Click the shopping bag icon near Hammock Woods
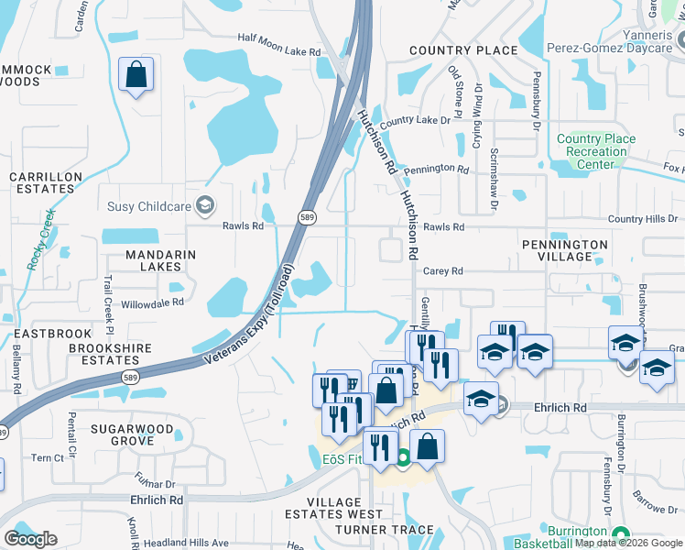coord(136,75)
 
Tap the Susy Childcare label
coord(151,206)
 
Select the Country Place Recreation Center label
coord(595,151)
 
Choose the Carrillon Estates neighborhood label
coord(41,181)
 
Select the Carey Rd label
coord(443,271)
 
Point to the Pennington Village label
coord(564,251)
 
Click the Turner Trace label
coord(385,530)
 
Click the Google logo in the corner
coord(30,539)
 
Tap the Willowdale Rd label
coord(152,302)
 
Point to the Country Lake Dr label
coord(415,120)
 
